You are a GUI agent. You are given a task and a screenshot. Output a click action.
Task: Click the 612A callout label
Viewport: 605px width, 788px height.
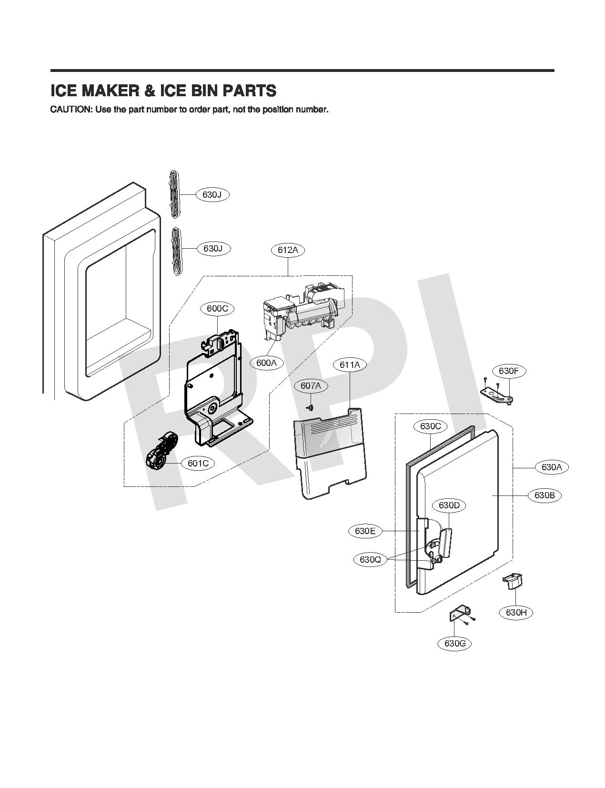[x=288, y=250]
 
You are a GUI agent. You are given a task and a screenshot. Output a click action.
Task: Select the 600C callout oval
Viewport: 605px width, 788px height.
[x=218, y=309]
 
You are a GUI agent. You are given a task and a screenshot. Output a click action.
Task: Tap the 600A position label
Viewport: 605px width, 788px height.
[x=266, y=363]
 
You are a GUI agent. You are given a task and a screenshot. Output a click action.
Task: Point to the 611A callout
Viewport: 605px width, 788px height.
[x=350, y=365]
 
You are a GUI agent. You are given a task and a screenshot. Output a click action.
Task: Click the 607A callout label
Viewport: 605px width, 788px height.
[x=311, y=386]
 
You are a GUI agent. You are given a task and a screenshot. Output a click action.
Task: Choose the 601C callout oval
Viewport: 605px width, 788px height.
[x=198, y=464]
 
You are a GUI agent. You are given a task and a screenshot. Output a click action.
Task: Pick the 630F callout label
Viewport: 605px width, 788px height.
[x=509, y=371]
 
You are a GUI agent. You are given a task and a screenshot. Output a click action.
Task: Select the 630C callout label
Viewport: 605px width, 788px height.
[x=431, y=426]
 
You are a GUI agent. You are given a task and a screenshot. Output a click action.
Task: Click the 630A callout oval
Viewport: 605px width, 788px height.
[x=552, y=467]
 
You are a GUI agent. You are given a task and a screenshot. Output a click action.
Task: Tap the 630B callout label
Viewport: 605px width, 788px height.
[x=545, y=495]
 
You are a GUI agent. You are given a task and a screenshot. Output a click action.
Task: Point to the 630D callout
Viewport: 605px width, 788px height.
[x=449, y=505]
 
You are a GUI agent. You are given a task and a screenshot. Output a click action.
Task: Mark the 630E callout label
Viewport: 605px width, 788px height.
[x=365, y=531]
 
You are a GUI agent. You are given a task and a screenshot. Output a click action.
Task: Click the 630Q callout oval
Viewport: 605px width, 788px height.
[x=371, y=560]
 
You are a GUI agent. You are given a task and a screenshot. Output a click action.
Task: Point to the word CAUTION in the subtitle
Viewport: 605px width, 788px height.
[x=71, y=110]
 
